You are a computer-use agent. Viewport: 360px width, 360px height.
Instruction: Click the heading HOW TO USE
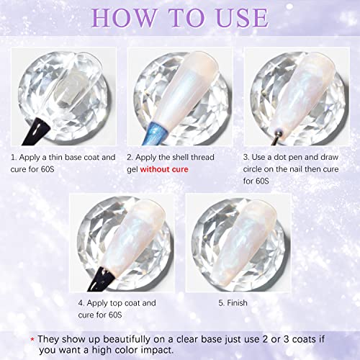(x=180, y=16)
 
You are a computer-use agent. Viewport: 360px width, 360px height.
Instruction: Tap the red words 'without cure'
(x=168, y=165)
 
